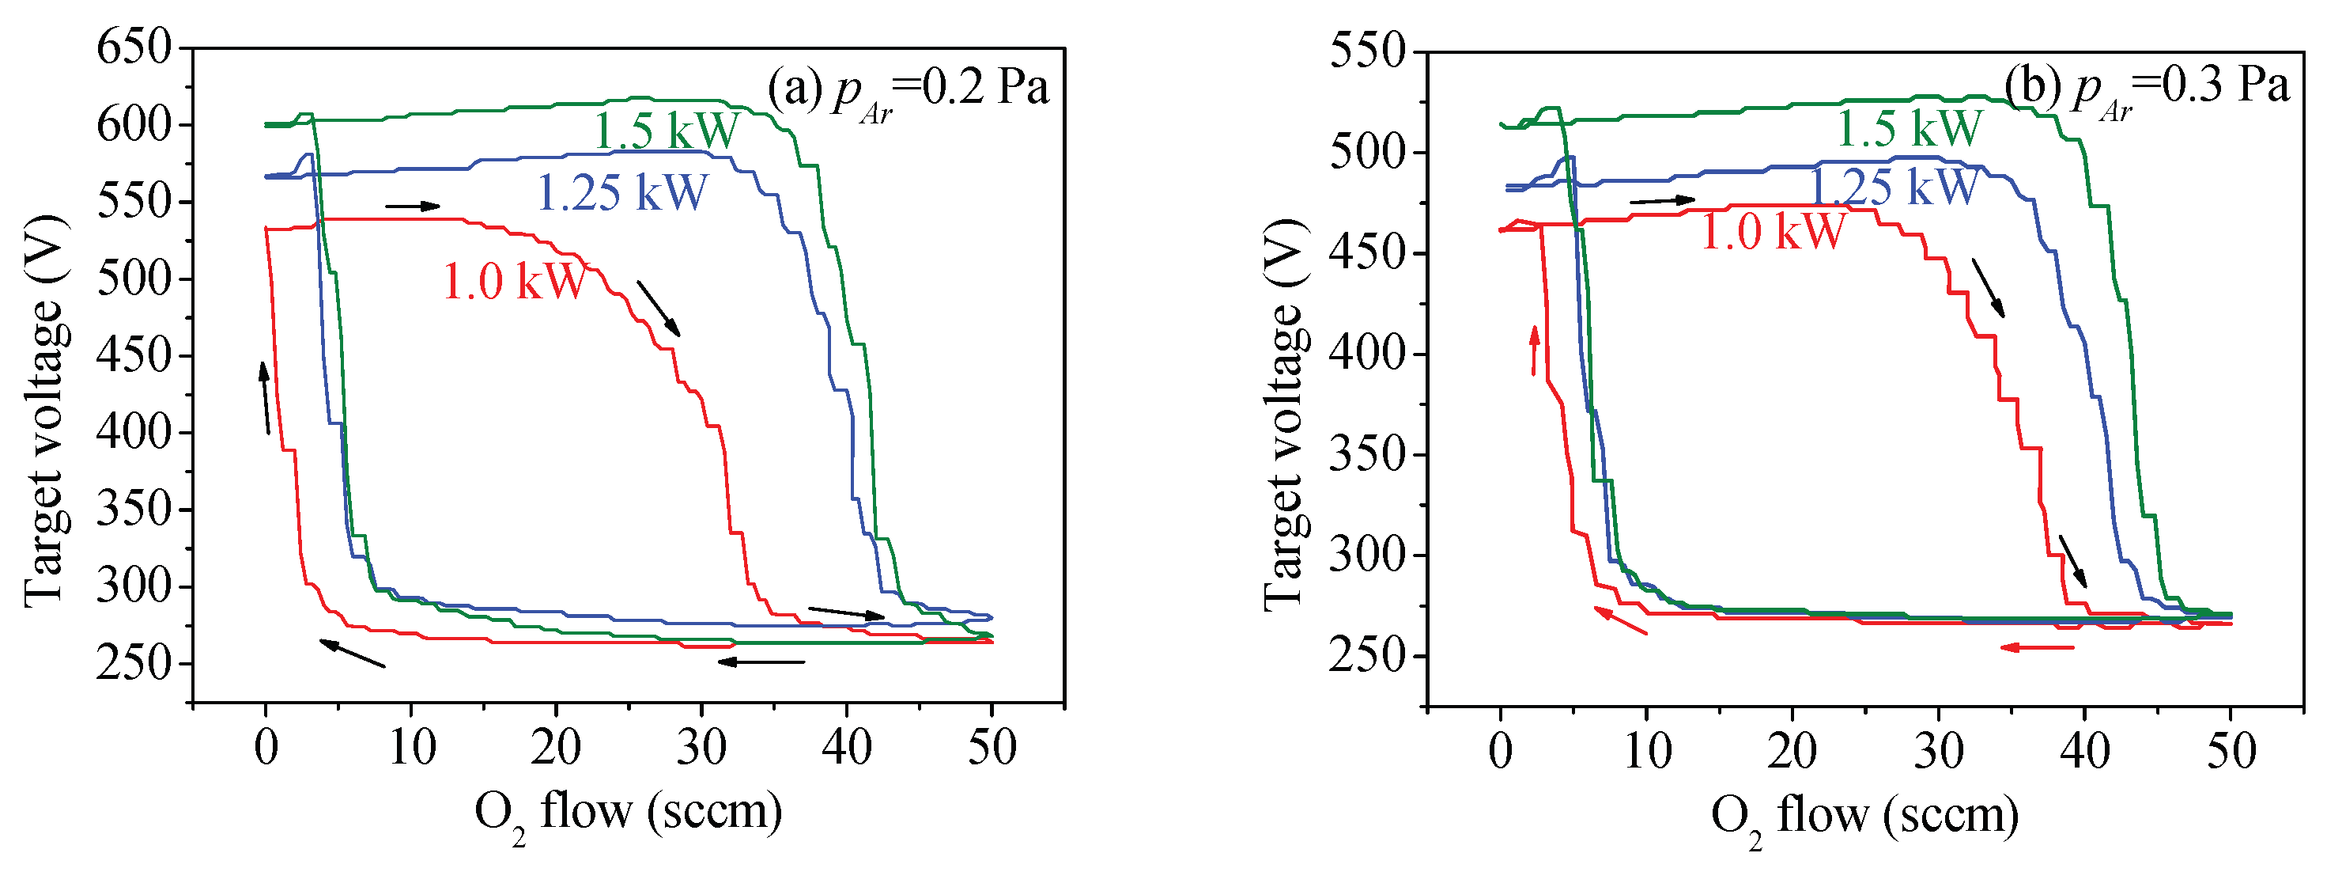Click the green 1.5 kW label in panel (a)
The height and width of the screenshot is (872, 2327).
(x=667, y=132)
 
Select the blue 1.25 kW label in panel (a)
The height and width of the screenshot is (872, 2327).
(x=622, y=193)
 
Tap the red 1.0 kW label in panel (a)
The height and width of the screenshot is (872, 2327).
(x=515, y=281)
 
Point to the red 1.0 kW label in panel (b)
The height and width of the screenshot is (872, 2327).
(x=1773, y=231)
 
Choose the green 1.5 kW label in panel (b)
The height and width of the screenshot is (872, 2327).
(x=1910, y=129)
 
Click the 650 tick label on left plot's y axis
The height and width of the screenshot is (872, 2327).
(x=133, y=47)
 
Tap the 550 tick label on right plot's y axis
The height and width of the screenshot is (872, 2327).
(x=1368, y=51)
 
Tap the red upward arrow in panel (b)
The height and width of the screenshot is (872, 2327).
(x=1534, y=351)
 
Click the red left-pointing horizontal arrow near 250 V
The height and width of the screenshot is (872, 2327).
(x=2037, y=647)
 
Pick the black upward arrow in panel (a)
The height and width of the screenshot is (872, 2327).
(x=265, y=397)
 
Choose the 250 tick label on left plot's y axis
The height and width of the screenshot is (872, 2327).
(x=133, y=664)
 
